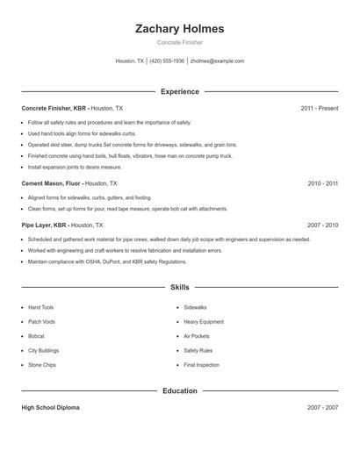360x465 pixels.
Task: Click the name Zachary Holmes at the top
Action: tap(179, 29)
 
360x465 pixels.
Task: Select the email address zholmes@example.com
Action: tap(217, 61)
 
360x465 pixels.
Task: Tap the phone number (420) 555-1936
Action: tap(167, 61)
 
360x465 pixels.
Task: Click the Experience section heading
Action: tap(179, 91)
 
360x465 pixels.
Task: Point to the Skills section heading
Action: tap(179, 287)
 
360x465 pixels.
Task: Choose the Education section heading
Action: tap(179, 390)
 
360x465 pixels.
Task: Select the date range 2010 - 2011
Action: tap(322, 183)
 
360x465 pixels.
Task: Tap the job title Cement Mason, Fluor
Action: tap(51, 183)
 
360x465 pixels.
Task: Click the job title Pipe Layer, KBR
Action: tap(44, 225)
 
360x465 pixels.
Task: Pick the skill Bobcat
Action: tap(36, 336)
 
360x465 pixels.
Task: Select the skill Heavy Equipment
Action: tap(204, 322)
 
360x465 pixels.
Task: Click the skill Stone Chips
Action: tap(41, 364)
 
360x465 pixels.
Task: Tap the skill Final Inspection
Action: tap(202, 364)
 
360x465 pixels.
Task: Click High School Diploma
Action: tap(51, 408)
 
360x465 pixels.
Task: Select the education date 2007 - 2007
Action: tap(322, 408)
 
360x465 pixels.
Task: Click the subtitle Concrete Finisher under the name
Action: tap(179, 42)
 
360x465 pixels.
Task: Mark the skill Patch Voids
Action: tap(41, 322)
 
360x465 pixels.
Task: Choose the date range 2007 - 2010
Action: tap(322, 225)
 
